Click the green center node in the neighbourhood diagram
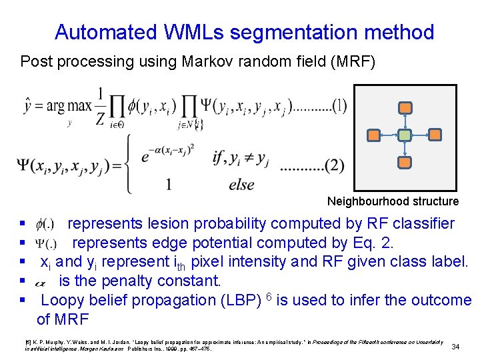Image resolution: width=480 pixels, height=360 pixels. pos(405,135)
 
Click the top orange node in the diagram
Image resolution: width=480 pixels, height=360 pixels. pos(405,107)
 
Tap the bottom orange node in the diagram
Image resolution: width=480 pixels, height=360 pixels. pos(405,162)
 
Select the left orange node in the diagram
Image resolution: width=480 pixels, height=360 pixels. pos(375,135)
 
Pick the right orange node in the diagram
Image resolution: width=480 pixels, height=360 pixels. pos(435,135)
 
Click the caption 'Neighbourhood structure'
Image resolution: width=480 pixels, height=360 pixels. pos(393,201)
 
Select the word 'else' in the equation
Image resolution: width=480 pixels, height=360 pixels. pos(241,185)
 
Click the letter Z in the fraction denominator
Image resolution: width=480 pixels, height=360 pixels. pos(100,119)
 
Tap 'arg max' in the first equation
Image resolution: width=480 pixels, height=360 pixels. pos(66,105)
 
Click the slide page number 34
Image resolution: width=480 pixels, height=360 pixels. pos(456,347)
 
